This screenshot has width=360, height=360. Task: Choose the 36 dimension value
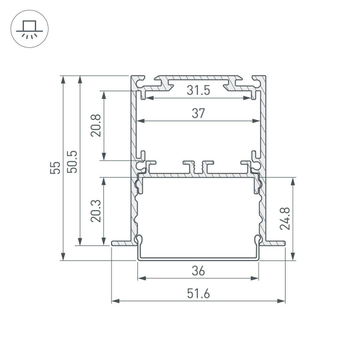pyautogui.click(x=199, y=271)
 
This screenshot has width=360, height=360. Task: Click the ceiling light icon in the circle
pyautogui.click(x=26, y=29)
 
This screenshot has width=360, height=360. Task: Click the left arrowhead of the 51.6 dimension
pyautogui.click(x=115, y=300)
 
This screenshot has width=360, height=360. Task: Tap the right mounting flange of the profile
pyautogui.click(x=275, y=242)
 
